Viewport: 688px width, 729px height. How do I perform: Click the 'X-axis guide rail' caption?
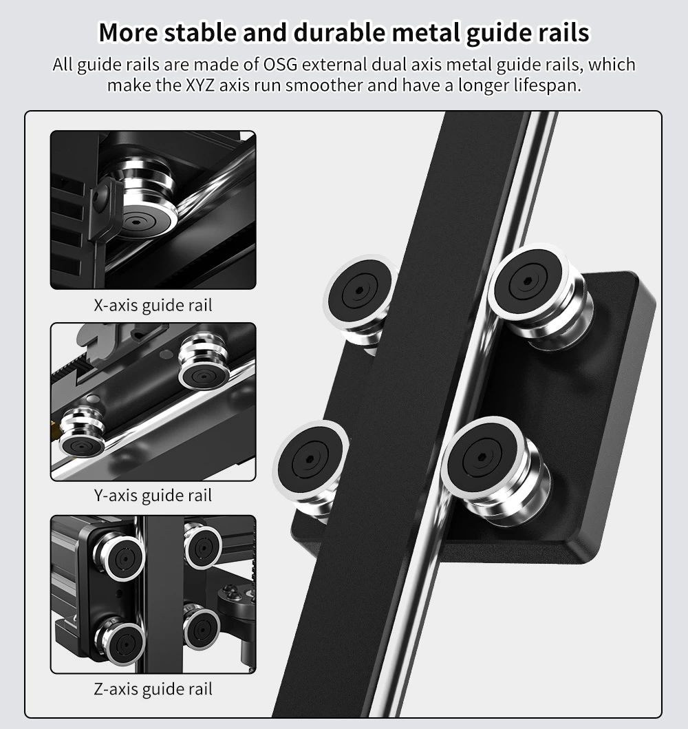153,306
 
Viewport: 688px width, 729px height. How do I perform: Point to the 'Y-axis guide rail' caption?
153,496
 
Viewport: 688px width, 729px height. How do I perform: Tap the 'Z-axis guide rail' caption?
153,689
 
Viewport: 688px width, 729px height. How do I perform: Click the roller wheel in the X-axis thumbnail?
142,200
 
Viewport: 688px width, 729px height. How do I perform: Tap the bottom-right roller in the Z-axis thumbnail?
201,626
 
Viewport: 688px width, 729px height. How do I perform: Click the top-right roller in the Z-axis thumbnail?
202,546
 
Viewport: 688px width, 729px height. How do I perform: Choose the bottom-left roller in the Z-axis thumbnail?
120,640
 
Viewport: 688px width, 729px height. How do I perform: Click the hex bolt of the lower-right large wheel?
480,457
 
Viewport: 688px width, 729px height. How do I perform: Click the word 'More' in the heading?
128,32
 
